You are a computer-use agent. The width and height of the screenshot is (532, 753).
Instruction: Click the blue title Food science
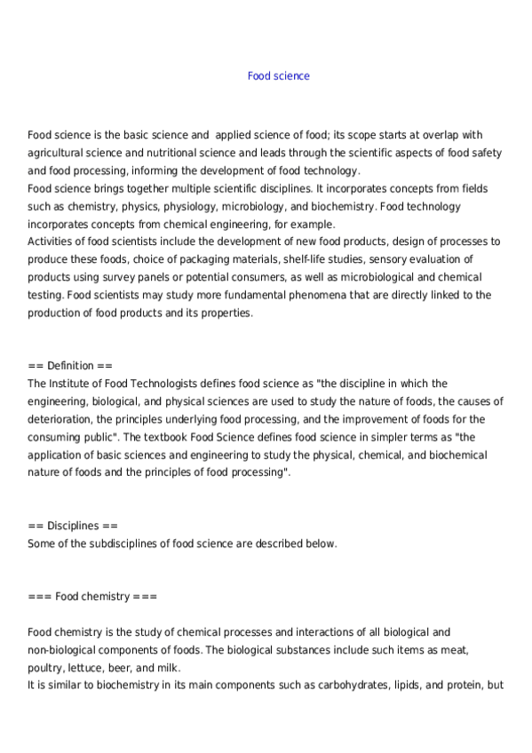[278, 76]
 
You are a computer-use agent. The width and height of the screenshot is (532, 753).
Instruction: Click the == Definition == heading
[70, 366]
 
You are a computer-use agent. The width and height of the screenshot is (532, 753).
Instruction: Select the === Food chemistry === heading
[92, 597]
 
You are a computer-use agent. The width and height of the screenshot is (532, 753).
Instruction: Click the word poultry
[44, 668]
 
